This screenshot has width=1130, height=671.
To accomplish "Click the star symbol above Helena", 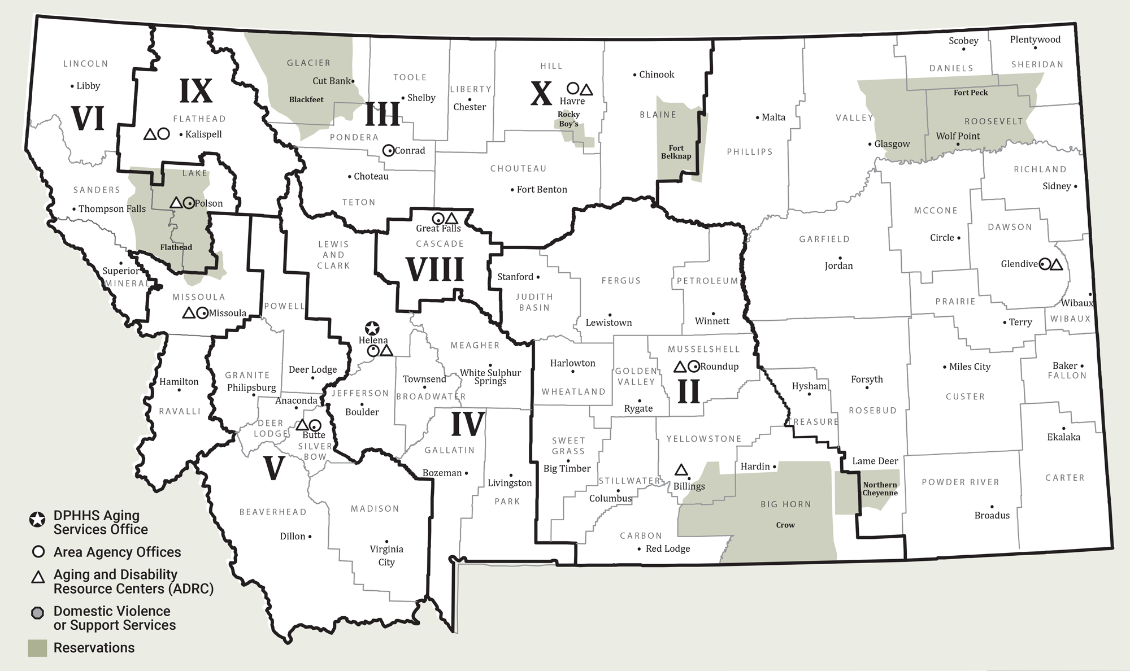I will coord(372,328).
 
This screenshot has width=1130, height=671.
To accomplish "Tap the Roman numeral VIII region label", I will coord(435,269).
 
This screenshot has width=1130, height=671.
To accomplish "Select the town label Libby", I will coord(88,86).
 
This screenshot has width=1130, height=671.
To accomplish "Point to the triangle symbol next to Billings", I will coord(681,470).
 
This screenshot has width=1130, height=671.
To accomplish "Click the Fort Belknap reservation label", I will coord(676,152).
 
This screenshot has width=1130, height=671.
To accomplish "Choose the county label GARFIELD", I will coord(824,239).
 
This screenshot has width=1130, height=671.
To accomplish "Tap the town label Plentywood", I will coord(1035,40).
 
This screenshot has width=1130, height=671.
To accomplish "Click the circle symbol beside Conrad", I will coord(388,151).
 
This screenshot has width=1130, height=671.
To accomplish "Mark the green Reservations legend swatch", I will coord(37,648).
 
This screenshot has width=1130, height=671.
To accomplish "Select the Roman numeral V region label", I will coord(273,468).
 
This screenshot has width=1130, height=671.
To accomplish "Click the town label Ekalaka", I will coord(1063,437).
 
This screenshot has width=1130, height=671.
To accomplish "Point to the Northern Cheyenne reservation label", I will coord(880,489).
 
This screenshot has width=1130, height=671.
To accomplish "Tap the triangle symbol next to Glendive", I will coord(1057,264).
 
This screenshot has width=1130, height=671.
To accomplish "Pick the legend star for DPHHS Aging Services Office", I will coord(37,520).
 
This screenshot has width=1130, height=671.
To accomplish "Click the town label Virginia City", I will coord(386,555).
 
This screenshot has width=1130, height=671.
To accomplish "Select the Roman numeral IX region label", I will coord(196,91).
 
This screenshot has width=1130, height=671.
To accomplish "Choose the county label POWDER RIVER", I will coord(960,482).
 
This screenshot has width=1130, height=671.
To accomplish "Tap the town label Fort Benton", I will coord(542,190).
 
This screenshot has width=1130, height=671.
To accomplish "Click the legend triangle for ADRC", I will coord(38,577).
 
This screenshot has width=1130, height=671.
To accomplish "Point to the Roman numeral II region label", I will coord(688,392).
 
